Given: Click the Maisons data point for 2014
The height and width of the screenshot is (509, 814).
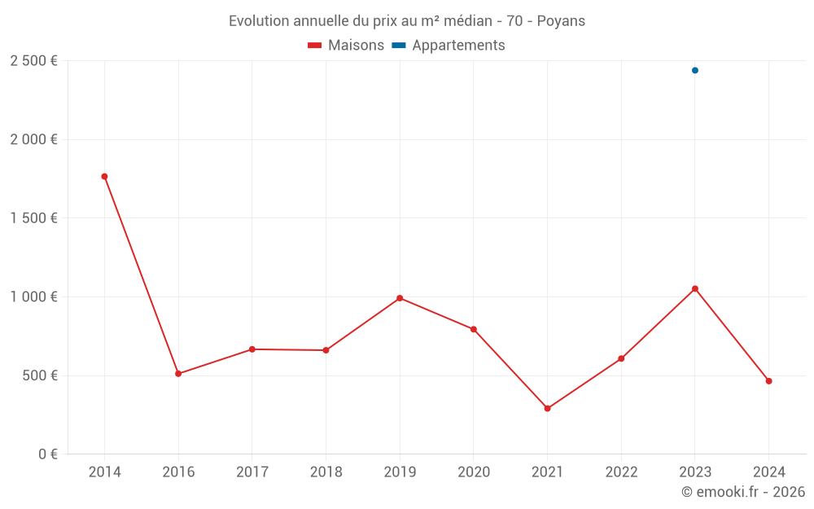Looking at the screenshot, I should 104,177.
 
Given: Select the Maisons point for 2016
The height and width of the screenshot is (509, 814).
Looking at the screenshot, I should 178,374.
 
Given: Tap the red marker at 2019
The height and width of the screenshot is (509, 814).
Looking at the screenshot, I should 400,298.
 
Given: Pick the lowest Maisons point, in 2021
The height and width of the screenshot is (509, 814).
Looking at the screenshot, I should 547,409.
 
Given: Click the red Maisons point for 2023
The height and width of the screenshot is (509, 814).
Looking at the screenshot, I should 695,288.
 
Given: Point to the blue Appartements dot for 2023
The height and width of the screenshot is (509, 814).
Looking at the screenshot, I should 695,70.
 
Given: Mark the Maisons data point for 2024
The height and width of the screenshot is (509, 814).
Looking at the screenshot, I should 768,381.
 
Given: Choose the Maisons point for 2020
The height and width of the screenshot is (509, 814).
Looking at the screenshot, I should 474,329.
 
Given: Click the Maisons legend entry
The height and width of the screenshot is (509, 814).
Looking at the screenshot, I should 346,46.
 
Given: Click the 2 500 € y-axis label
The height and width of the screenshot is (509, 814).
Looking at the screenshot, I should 33,61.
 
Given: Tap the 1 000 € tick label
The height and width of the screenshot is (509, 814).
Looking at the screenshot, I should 33,297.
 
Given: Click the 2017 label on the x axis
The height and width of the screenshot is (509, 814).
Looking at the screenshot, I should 252,472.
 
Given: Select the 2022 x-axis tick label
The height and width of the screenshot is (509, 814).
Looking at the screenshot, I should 621,472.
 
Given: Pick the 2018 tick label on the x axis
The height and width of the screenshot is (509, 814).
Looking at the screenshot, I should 326,472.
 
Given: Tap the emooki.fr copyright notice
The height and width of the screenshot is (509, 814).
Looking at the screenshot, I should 742,492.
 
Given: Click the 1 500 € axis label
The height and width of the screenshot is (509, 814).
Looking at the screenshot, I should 33,218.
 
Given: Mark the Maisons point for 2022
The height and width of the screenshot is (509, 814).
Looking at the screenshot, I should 621,358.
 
